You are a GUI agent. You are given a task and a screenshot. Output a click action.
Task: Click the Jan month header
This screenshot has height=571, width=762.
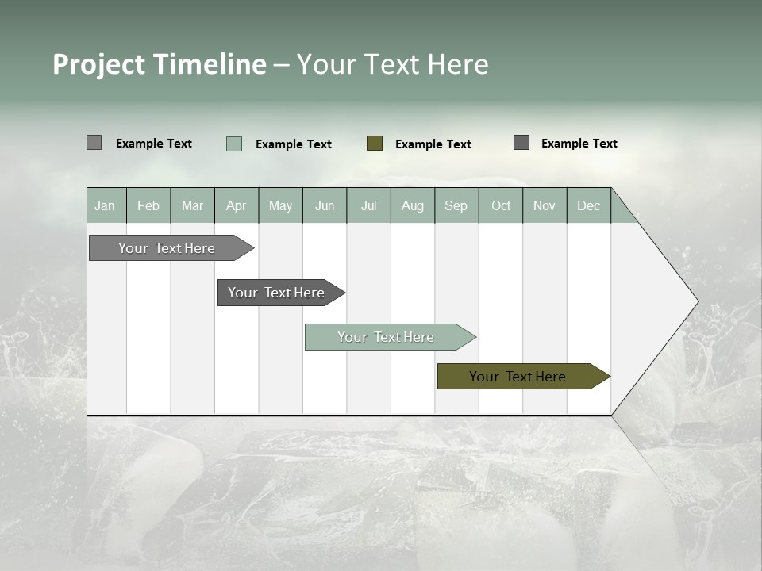tap(105, 205)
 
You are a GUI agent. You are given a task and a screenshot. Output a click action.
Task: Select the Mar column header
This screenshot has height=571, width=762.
tap(192, 205)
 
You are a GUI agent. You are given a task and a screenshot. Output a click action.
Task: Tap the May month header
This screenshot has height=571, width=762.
tap(280, 205)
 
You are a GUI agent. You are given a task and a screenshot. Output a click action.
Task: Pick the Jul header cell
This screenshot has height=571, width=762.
tap(368, 205)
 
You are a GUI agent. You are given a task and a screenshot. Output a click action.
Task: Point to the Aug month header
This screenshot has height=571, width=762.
tap(412, 205)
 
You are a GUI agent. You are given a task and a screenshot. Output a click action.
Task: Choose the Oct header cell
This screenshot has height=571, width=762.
tap(501, 205)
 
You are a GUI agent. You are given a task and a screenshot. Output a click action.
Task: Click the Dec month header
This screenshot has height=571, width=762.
tap(588, 205)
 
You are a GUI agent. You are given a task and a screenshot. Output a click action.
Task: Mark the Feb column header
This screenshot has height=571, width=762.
tap(148, 205)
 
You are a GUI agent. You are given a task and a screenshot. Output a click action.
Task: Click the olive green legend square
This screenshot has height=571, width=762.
tap(375, 144)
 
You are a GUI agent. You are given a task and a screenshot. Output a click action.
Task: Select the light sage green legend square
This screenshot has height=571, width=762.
tap(234, 144)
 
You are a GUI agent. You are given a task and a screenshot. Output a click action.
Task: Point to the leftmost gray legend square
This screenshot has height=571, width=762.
tap(94, 143)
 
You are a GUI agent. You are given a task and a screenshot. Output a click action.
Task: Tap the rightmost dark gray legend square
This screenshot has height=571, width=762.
tap(521, 143)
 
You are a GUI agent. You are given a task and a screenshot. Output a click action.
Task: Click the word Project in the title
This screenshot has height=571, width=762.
tap(99, 64)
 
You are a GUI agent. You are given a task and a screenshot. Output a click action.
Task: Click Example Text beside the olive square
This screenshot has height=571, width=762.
tap(433, 144)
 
